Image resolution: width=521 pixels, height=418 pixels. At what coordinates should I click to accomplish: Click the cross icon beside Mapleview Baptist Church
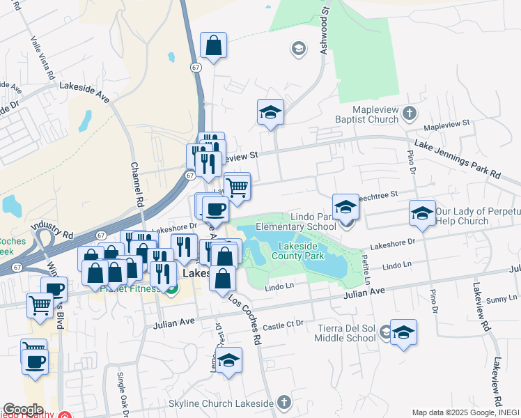click(410, 111)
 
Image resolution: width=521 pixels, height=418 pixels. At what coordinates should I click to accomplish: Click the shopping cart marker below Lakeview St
click(238, 187)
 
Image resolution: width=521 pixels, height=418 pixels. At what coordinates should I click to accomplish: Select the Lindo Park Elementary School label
click(296, 222)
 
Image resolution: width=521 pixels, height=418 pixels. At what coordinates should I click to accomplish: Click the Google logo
click(23, 410)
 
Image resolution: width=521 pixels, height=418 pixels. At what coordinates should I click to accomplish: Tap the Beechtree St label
click(376, 196)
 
